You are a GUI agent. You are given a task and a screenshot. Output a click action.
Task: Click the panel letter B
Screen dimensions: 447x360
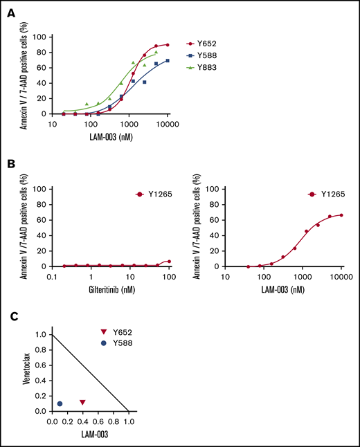11,166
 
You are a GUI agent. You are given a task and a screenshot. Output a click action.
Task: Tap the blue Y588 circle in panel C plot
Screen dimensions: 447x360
60,403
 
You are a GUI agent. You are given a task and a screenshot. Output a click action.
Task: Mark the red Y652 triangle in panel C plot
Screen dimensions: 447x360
82,402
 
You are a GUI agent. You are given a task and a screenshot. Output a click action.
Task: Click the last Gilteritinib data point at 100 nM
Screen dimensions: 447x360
169,262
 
